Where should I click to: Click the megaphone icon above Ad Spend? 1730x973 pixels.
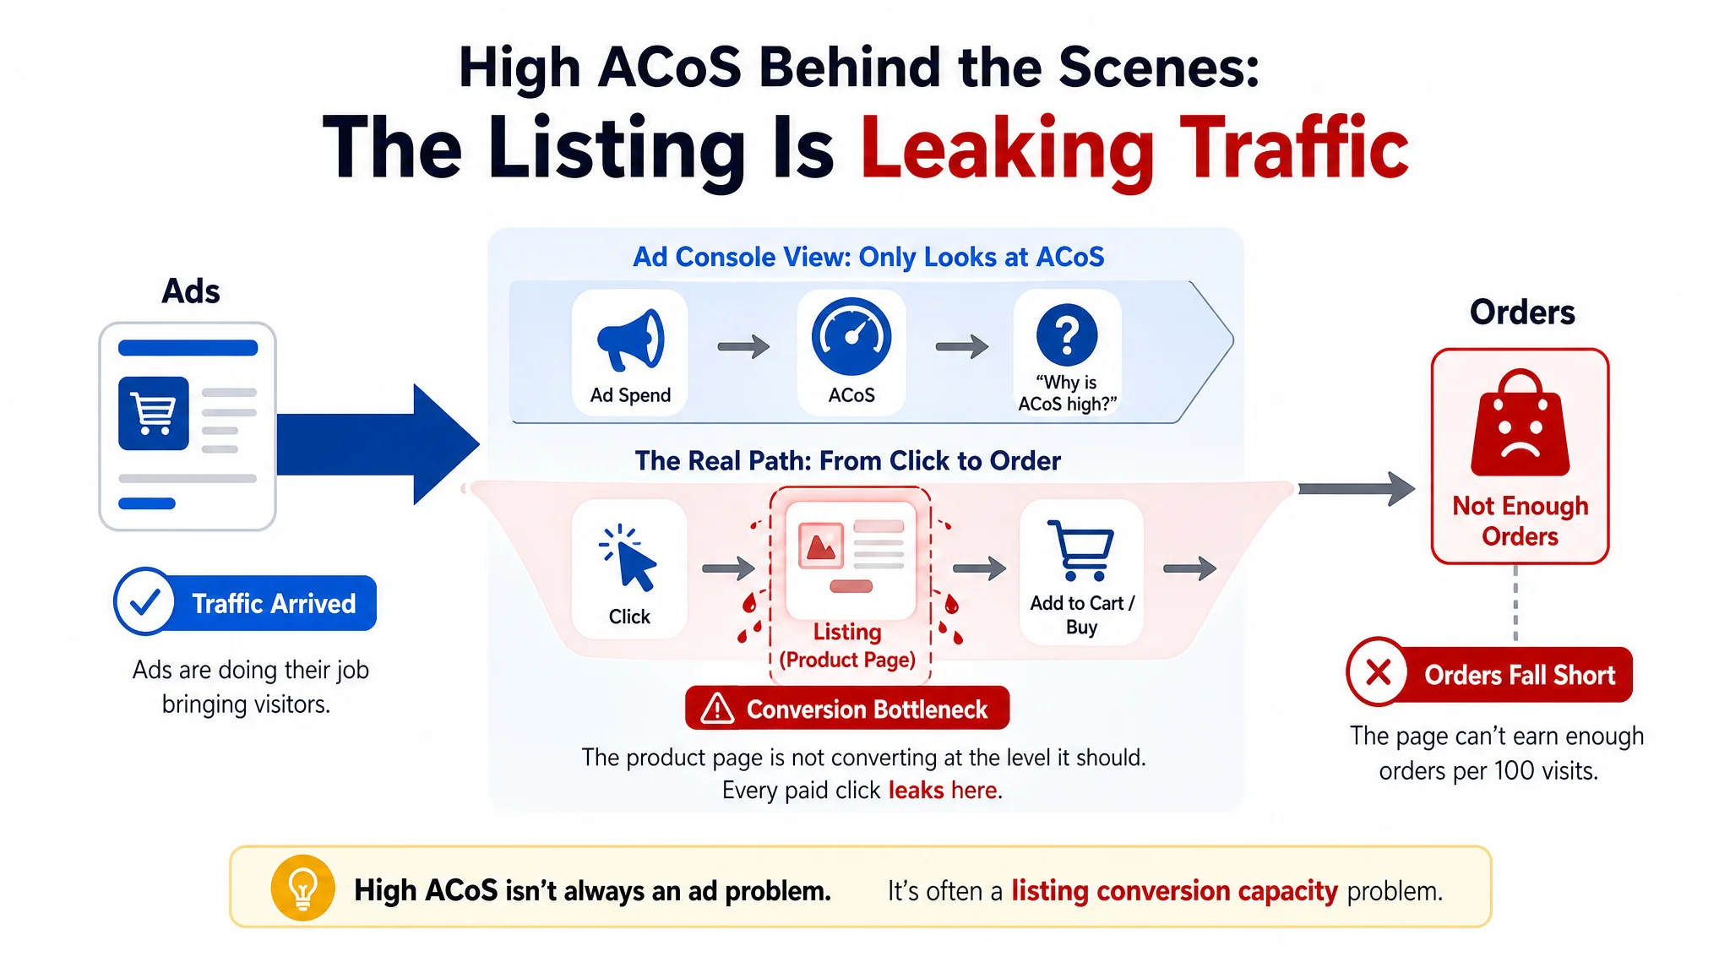(x=630, y=340)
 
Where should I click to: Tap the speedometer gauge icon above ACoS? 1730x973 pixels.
(x=851, y=336)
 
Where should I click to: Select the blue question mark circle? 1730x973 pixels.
(x=1067, y=334)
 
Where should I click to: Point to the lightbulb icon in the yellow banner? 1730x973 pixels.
(x=302, y=888)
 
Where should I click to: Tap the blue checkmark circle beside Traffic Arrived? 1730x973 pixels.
(x=144, y=601)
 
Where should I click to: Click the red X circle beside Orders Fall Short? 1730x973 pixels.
(x=1378, y=672)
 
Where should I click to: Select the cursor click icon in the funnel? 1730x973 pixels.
(x=628, y=557)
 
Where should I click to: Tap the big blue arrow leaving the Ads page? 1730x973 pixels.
(x=378, y=444)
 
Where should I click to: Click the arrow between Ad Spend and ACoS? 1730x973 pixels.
(x=743, y=346)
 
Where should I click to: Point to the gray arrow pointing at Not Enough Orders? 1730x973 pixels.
(x=1357, y=488)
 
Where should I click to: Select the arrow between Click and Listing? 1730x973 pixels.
(x=728, y=568)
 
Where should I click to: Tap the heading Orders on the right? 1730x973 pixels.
(x=1522, y=312)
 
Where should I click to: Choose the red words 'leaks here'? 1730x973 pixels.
(x=943, y=790)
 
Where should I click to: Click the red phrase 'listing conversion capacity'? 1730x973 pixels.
(x=1174, y=891)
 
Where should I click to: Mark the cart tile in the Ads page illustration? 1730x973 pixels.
(x=153, y=413)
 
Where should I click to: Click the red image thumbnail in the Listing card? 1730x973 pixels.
(x=821, y=546)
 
